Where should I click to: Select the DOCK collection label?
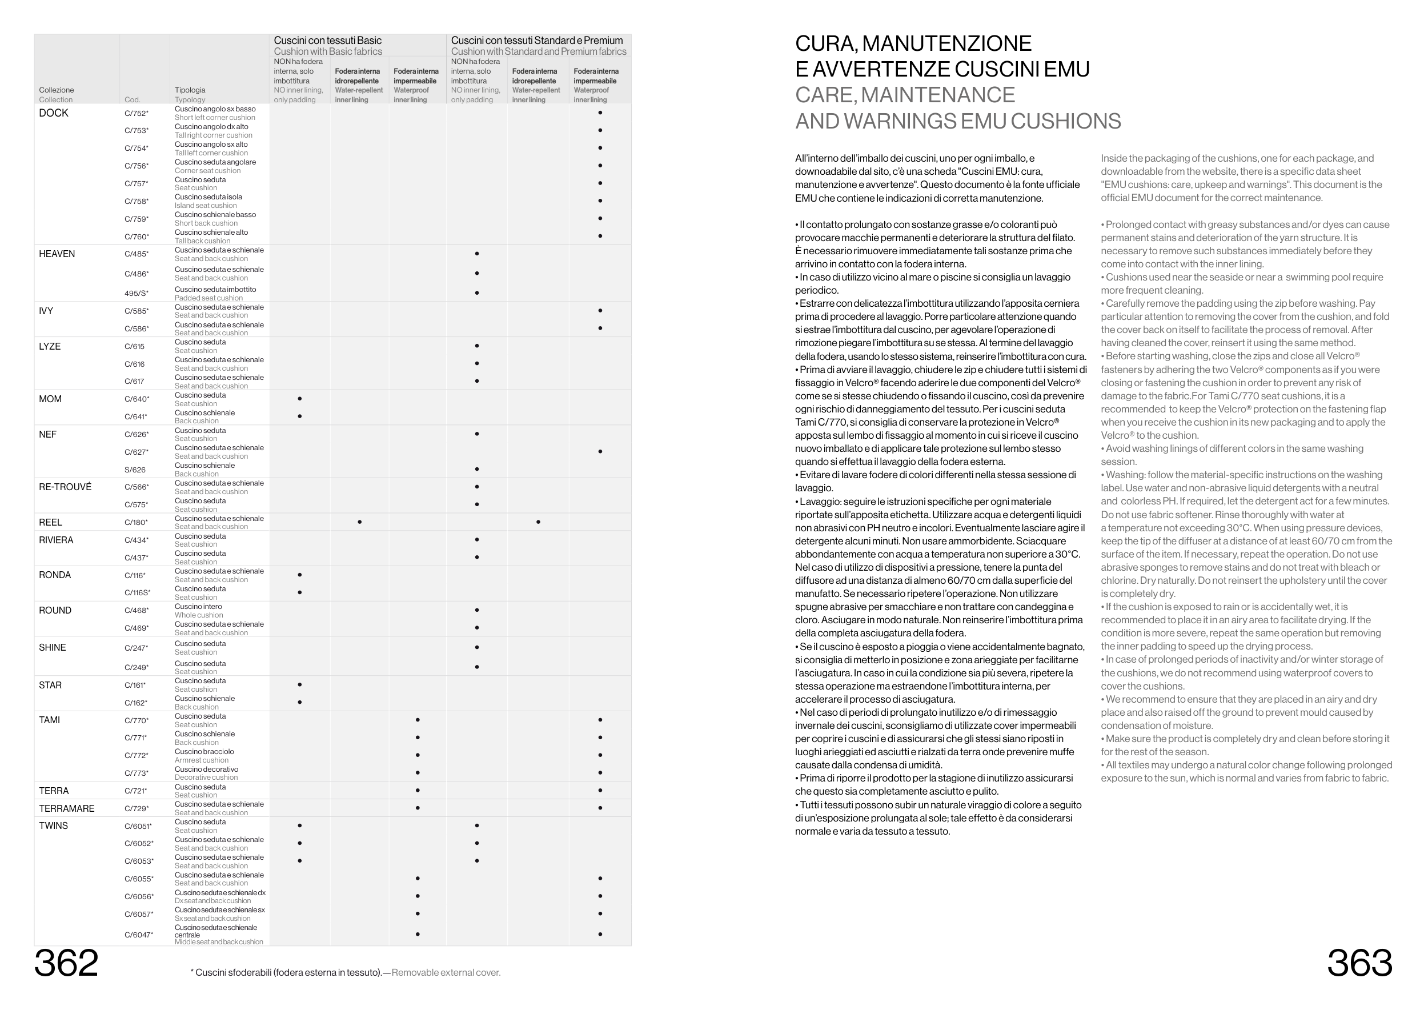[x=54, y=113]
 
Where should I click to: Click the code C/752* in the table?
[x=136, y=113]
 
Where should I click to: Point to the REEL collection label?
[x=50, y=522]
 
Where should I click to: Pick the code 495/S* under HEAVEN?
[x=136, y=294]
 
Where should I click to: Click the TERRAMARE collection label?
[x=67, y=808]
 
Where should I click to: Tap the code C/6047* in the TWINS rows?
[x=139, y=935]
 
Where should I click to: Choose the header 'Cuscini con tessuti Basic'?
[x=328, y=41]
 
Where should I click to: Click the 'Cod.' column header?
[x=132, y=99]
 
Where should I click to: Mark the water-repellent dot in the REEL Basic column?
[x=359, y=522]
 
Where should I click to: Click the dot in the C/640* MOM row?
[x=300, y=399]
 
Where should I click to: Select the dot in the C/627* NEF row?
[x=600, y=451]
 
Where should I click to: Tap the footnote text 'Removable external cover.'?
[x=446, y=972]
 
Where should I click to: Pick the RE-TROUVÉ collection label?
[x=65, y=487]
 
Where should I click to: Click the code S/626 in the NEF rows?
[x=135, y=470]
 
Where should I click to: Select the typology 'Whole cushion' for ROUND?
[x=198, y=615]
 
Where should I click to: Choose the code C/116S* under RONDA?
[x=138, y=593]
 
